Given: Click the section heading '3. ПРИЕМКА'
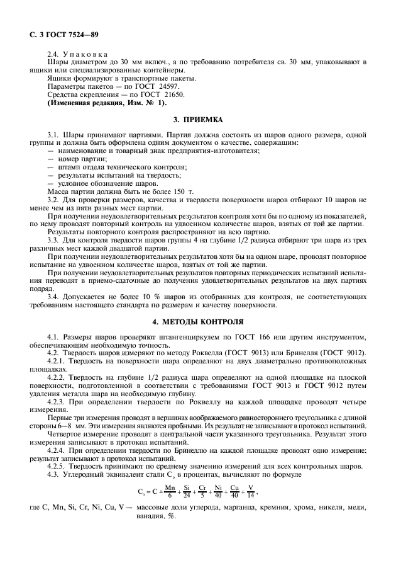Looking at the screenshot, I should click(x=199, y=119).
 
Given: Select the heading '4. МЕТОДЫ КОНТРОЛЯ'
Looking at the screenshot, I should click(x=199, y=321).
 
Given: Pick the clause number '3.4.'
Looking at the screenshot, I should click(x=55, y=296).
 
